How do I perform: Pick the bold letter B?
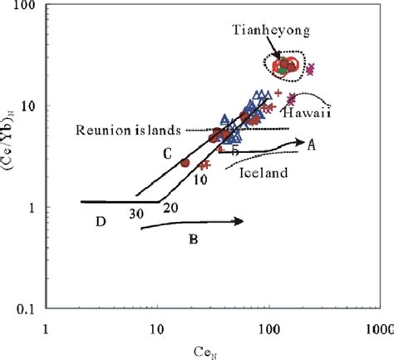pyautogui.click(x=193, y=242)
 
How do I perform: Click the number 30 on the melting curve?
pyautogui.click(x=138, y=214)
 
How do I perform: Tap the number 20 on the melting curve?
pyautogui.click(x=171, y=207)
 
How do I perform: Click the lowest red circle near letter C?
pyautogui.click(x=185, y=163)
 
